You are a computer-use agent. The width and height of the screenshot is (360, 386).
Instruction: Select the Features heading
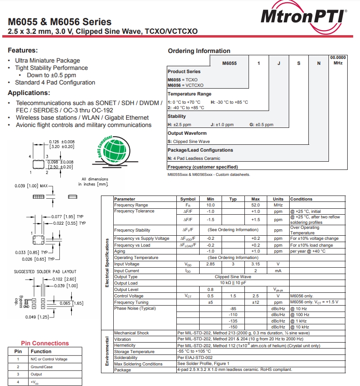23,50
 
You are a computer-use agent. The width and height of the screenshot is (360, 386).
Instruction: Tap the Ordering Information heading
199,51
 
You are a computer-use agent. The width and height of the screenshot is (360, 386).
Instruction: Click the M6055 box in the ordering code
229,63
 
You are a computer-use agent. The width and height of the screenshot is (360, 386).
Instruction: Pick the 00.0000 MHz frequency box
338,60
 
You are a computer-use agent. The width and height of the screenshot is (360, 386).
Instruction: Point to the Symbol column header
188,199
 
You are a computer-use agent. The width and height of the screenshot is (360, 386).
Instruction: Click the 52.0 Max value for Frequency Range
255,205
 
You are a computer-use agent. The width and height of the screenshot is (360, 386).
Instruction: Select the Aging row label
120,251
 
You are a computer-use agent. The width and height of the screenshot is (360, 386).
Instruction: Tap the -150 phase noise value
233,327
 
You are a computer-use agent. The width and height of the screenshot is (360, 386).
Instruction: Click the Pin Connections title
45,344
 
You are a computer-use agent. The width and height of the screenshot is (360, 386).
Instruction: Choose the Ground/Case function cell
42,367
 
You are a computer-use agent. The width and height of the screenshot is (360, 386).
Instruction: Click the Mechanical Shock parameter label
132,333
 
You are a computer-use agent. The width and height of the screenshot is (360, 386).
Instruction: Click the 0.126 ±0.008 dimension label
61,142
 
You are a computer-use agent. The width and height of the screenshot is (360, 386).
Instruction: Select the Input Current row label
127,270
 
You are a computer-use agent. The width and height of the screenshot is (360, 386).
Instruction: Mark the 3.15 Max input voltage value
255,264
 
